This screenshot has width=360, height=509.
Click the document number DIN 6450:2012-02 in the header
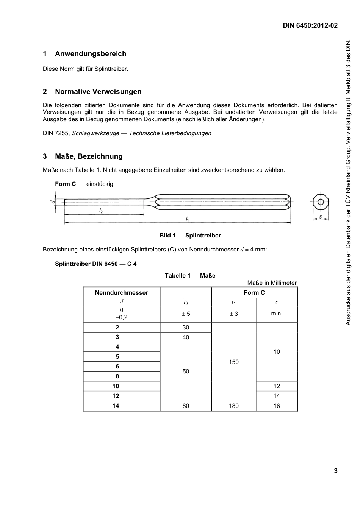pos(310,26)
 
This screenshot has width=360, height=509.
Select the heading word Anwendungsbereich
pos(91,54)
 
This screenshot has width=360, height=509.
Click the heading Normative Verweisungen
pos(98,92)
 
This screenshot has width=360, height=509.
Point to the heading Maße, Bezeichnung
pos(89,156)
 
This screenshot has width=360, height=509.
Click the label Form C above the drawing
pos(65,184)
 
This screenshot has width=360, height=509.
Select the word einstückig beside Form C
pos(100,184)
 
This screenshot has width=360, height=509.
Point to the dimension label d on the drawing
pos(53,202)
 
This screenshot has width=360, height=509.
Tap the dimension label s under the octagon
pos(321,217)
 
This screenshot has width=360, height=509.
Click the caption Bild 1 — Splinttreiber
pos(190,236)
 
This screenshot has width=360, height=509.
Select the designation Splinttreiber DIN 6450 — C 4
pos(95,264)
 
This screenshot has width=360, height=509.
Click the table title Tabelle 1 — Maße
pos(190,276)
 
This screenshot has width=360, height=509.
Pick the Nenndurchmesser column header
pos(121,293)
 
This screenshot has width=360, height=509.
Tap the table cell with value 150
pos(234,362)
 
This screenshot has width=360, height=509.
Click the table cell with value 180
pos(234,406)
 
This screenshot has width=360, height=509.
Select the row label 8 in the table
pos(117,376)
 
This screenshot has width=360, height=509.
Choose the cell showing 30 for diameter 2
pos(186,328)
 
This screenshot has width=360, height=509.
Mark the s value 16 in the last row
pos(277,406)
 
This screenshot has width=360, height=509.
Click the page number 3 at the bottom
pos(335,471)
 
